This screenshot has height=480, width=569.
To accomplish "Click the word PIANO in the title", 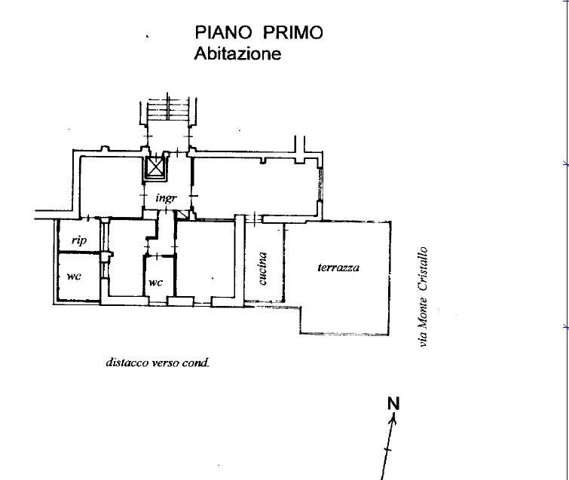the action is point(223,32).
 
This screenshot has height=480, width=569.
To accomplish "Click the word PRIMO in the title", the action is point(292,32).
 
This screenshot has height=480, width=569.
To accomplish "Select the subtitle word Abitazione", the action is point(237,54).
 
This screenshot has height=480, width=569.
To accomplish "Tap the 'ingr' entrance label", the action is point(167,198).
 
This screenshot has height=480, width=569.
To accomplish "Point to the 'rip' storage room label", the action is point(79,240).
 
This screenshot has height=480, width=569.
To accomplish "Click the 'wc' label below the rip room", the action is point(74,277).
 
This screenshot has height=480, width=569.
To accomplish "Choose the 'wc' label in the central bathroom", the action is point(156,283).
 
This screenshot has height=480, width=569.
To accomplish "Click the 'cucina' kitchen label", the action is point(263,268).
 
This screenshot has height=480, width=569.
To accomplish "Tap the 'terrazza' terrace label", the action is point(338,268).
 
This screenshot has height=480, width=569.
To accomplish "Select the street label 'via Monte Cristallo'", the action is point(423,297).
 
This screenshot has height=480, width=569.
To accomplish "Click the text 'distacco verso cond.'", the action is point(158,362).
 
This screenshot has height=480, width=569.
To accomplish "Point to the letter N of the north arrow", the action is point(393,403).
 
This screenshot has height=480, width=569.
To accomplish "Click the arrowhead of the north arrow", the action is point(393,419).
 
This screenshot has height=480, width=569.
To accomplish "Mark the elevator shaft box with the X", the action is point(155,168).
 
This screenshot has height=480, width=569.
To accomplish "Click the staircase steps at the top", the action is point(168,108).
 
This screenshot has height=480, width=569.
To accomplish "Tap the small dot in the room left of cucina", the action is point(213,279).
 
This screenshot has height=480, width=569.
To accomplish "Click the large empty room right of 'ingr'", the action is point(255,187).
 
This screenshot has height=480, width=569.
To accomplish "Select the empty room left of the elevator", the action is point(111,186).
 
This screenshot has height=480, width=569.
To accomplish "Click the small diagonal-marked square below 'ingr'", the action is point(182,216).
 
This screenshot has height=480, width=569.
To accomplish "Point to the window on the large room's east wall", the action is point(320,184).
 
